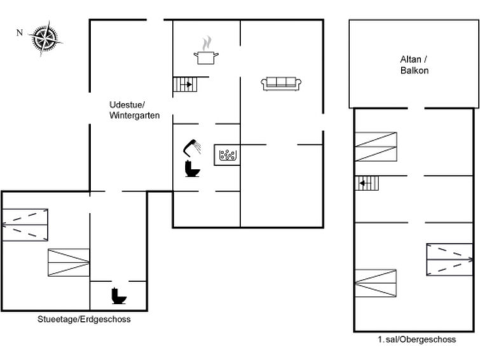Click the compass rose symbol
(x=46, y=39)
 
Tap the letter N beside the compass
(x=20, y=32)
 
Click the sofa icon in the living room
(x=281, y=84)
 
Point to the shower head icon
(x=192, y=148)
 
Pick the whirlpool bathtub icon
(x=227, y=155)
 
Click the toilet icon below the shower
(x=192, y=169)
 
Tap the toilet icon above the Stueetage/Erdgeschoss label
(x=119, y=296)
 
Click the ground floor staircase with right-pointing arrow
(x=186, y=84)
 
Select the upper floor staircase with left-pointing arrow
(x=366, y=183)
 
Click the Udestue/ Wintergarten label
(x=134, y=110)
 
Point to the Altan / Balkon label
(x=414, y=65)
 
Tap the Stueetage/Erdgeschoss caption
(x=84, y=319)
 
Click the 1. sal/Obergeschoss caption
(x=416, y=340)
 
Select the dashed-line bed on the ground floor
(x=25, y=225)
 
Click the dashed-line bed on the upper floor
(x=449, y=260)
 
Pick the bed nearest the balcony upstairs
(x=376, y=147)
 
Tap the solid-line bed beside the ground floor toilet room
(x=69, y=263)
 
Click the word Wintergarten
(x=134, y=116)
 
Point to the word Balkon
(x=415, y=71)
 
